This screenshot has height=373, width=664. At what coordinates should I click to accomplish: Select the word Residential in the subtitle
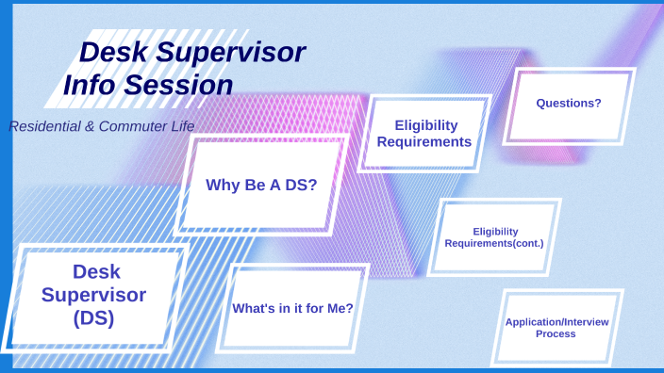tap(43, 125)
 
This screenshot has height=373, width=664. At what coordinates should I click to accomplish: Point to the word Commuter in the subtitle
tap(126, 125)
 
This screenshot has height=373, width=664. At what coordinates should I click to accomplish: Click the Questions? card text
tap(568, 103)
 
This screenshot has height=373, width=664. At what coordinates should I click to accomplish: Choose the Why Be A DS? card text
tap(261, 185)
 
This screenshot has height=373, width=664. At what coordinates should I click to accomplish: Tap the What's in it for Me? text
tap(292, 308)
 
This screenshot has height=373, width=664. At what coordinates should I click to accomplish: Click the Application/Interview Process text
tap(556, 328)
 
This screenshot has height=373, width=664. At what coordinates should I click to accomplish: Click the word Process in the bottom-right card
tap(556, 334)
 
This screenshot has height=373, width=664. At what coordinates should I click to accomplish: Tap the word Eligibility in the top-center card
tap(425, 125)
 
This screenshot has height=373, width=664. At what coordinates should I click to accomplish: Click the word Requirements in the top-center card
tap(418, 142)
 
